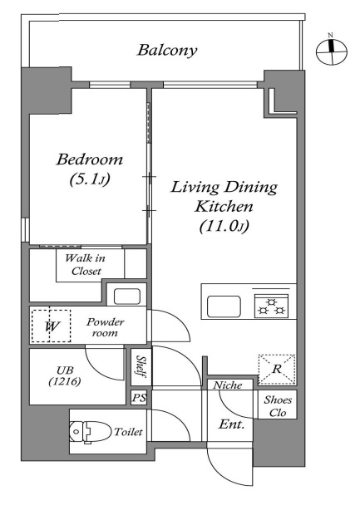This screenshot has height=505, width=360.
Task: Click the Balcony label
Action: coord(167,51)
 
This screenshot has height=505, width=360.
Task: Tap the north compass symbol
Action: coord(331,51)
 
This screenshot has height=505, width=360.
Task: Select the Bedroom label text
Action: coord(90,159)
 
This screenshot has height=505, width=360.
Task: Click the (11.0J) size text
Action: coord(224,227)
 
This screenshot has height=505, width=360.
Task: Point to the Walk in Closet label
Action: coord(86,264)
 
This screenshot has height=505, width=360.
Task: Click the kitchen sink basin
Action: coord(224,306)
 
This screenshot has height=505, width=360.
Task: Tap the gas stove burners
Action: coord(271,306)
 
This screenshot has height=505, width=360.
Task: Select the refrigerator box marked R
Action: coord(277,370)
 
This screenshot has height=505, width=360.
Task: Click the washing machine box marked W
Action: coord(51,326)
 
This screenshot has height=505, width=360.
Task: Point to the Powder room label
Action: coord(105,327)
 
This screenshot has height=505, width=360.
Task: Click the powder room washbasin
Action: coord(127,297)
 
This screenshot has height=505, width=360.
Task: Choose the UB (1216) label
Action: coord(65,376)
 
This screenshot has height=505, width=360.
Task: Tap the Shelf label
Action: coord(141,366)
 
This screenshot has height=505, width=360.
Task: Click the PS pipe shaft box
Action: coord(139,397)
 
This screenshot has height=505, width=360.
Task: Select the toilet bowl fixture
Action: coord(89,432)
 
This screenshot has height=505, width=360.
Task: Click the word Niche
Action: coord(228,385)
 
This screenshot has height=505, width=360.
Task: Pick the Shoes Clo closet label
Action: coord(278,406)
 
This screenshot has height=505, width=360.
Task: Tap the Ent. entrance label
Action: coord(231,424)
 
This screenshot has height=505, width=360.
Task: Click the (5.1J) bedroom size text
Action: coord(90,179)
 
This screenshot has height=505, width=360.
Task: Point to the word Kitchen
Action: coord(224,207)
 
